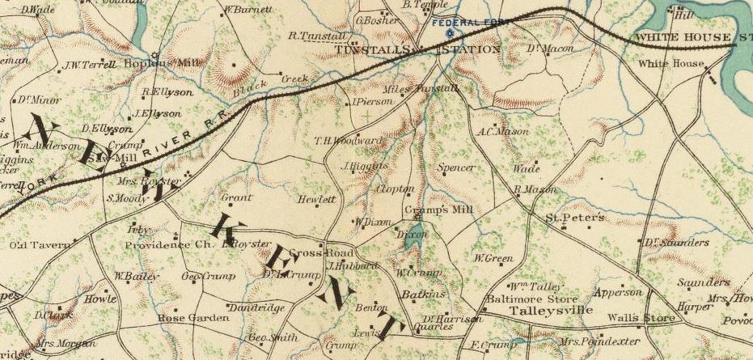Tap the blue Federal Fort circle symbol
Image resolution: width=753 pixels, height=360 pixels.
coord(449,33)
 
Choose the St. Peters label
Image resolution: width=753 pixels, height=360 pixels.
coord(573,218)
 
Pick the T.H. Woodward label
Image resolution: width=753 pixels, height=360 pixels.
coord(348,140)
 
